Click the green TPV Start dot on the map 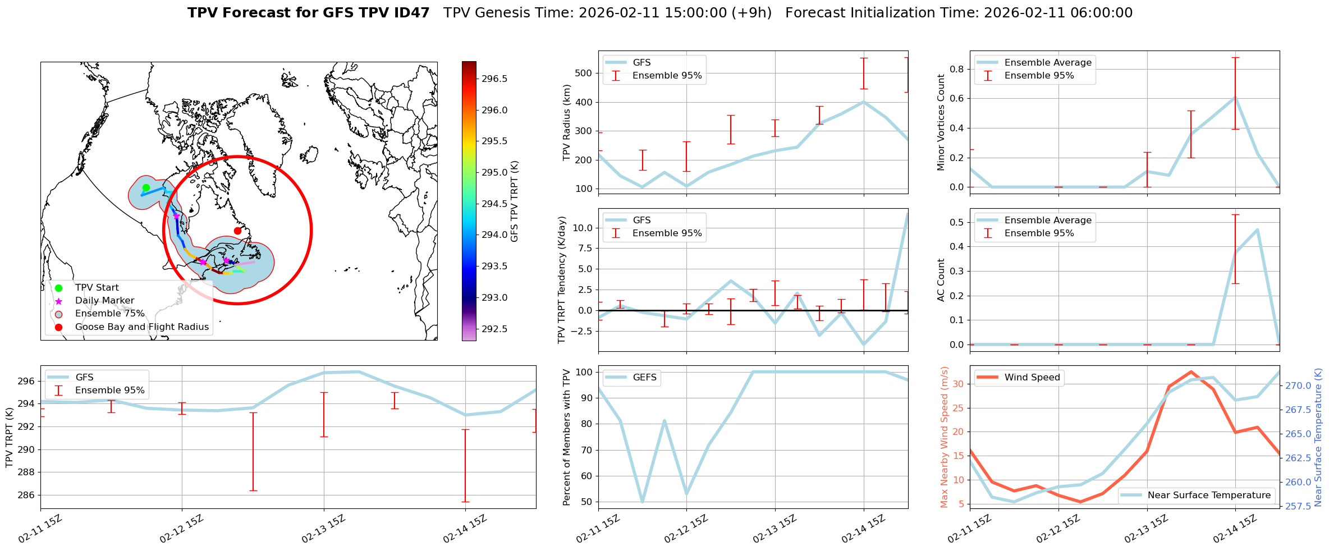[x=146, y=188]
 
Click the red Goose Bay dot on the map [x=237, y=231]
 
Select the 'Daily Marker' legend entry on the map [x=104, y=301]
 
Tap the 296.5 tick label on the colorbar [x=494, y=79]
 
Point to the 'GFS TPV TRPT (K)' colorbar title [x=515, y=201]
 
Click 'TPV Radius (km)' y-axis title [x=567, y=122]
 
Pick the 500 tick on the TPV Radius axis [x=584, y=73]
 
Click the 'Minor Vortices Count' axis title [x=941, y=122]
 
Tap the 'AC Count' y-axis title [x=941, y=280]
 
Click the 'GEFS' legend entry [x=644, y=378]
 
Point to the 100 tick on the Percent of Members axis [x=584, y=372]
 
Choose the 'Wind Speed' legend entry [x=1032, y=378]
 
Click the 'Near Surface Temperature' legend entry [x=1209, y=495]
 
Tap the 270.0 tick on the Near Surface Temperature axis [x=1298, y=385]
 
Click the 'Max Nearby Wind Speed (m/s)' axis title [x=944, y=437]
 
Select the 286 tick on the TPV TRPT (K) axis [x=26, y=495]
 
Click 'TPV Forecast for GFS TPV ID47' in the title [x=308, y=13]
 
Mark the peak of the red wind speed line [x=1191, y=372]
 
